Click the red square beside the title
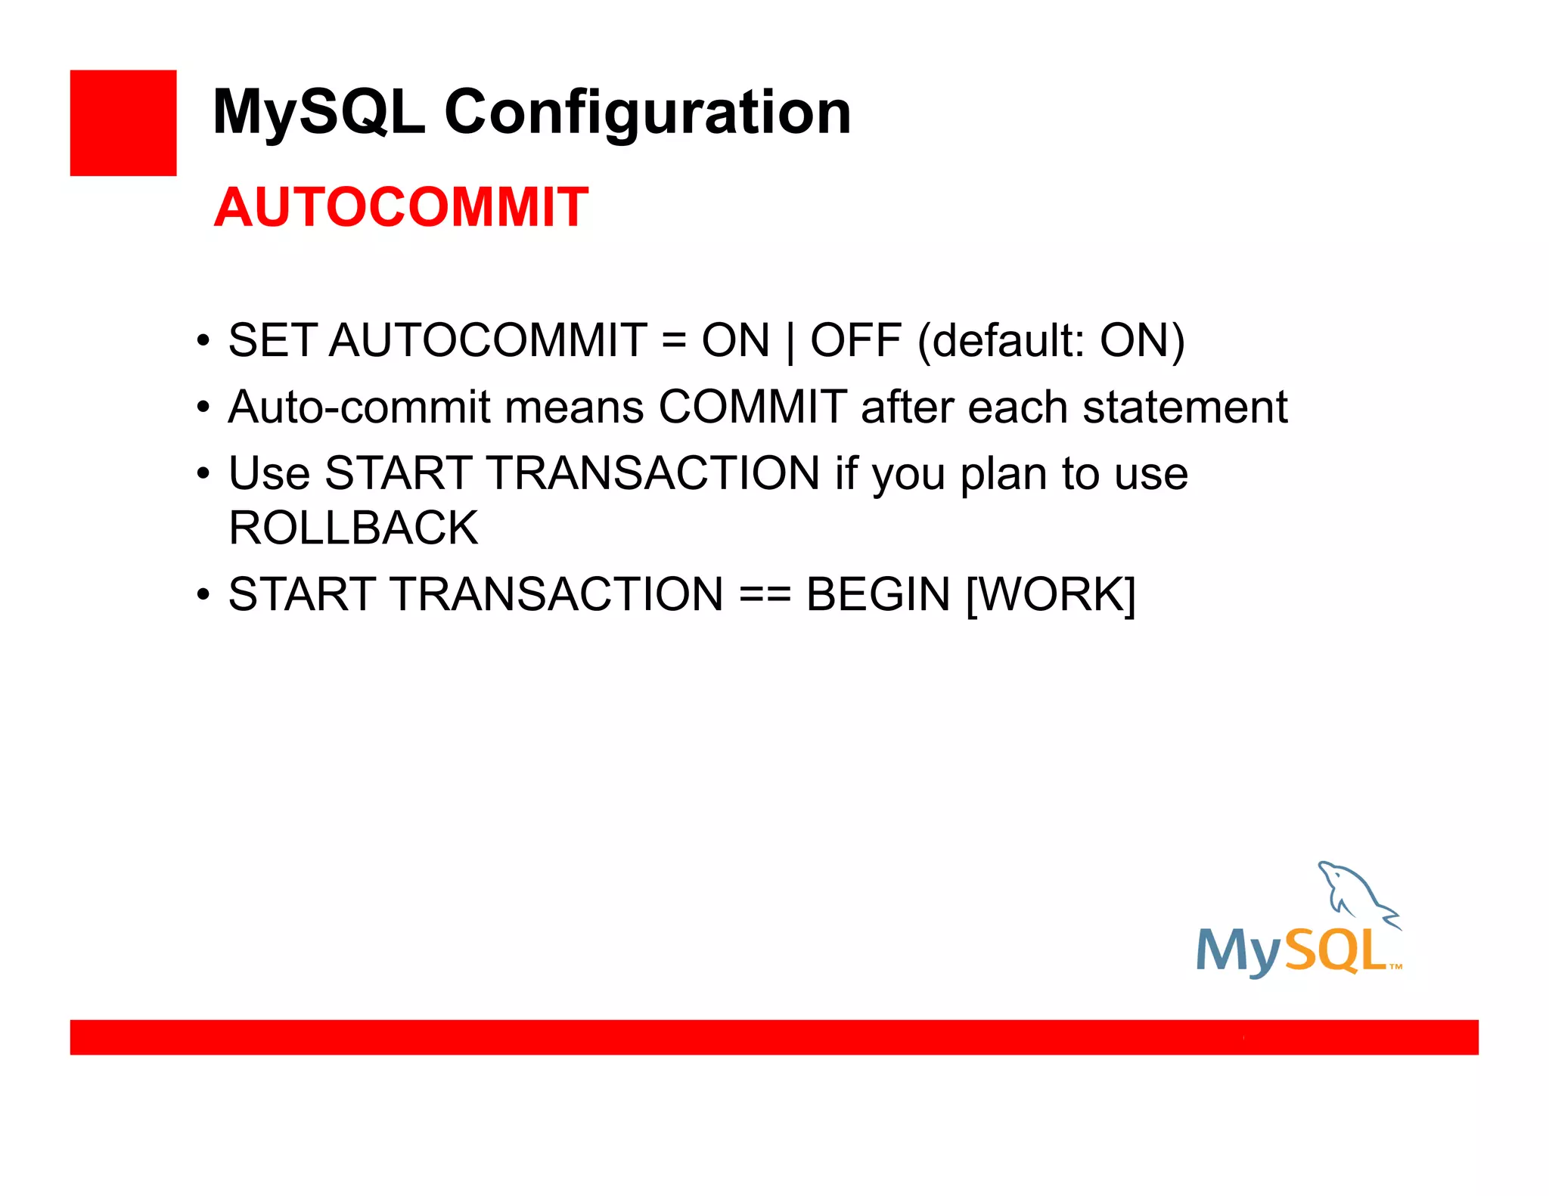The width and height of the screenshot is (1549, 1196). tap(123, 123)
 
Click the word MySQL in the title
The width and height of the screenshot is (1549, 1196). tap(318, 112)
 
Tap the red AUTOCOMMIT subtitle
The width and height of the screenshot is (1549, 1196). tap(401, 207)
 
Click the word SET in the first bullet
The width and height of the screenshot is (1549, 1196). tap(272, 340)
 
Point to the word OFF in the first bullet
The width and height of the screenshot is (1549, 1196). tap(855, 340)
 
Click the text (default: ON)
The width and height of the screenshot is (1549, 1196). tap(1051, 341)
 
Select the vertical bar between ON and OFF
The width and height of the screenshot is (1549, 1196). tap(790, 342)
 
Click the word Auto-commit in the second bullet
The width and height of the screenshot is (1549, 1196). tap(359, 407)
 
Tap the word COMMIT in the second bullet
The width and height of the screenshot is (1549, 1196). tap(753, 407)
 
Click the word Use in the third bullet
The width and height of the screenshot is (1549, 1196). tap(269, 474)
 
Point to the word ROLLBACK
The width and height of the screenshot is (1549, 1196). tap(353, 528)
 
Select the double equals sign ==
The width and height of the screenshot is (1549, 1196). tap(765, 594)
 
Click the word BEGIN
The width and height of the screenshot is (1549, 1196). tap(878, 594)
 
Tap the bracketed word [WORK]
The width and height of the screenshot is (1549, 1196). tap(1051, 595)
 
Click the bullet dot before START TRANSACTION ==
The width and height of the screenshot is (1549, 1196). tap(203, 594)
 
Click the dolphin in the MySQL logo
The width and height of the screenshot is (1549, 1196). tap(1354, 892)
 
